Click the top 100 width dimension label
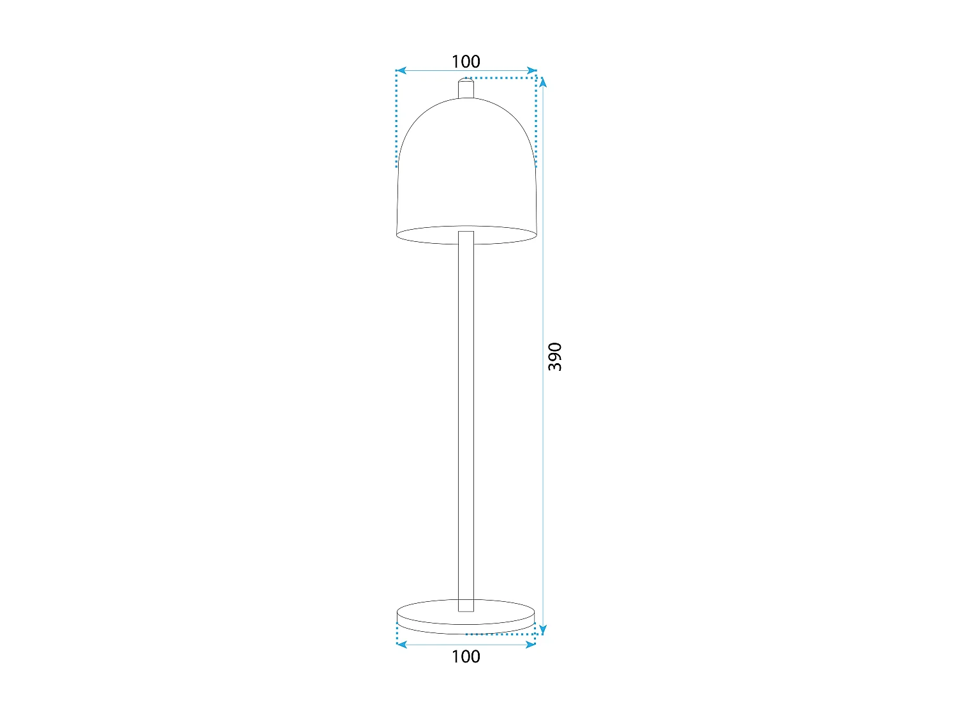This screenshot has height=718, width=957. tap(466, 61)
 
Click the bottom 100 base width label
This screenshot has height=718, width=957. tap(466, 656)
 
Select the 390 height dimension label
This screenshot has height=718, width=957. tap(555, 357)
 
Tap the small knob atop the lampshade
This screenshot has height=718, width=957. tap(466, 88)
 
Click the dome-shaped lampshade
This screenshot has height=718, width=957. tap(466, 166)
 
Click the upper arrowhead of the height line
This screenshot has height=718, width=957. tap(543, 82)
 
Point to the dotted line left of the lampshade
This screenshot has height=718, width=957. tap(396, 121)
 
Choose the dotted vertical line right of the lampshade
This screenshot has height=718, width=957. tap(536, 121)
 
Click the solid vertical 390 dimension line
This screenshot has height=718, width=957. tap(543, 479)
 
